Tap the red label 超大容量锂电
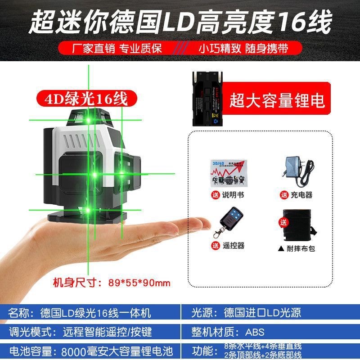277,100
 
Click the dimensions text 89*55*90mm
139,283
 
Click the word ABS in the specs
256,332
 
